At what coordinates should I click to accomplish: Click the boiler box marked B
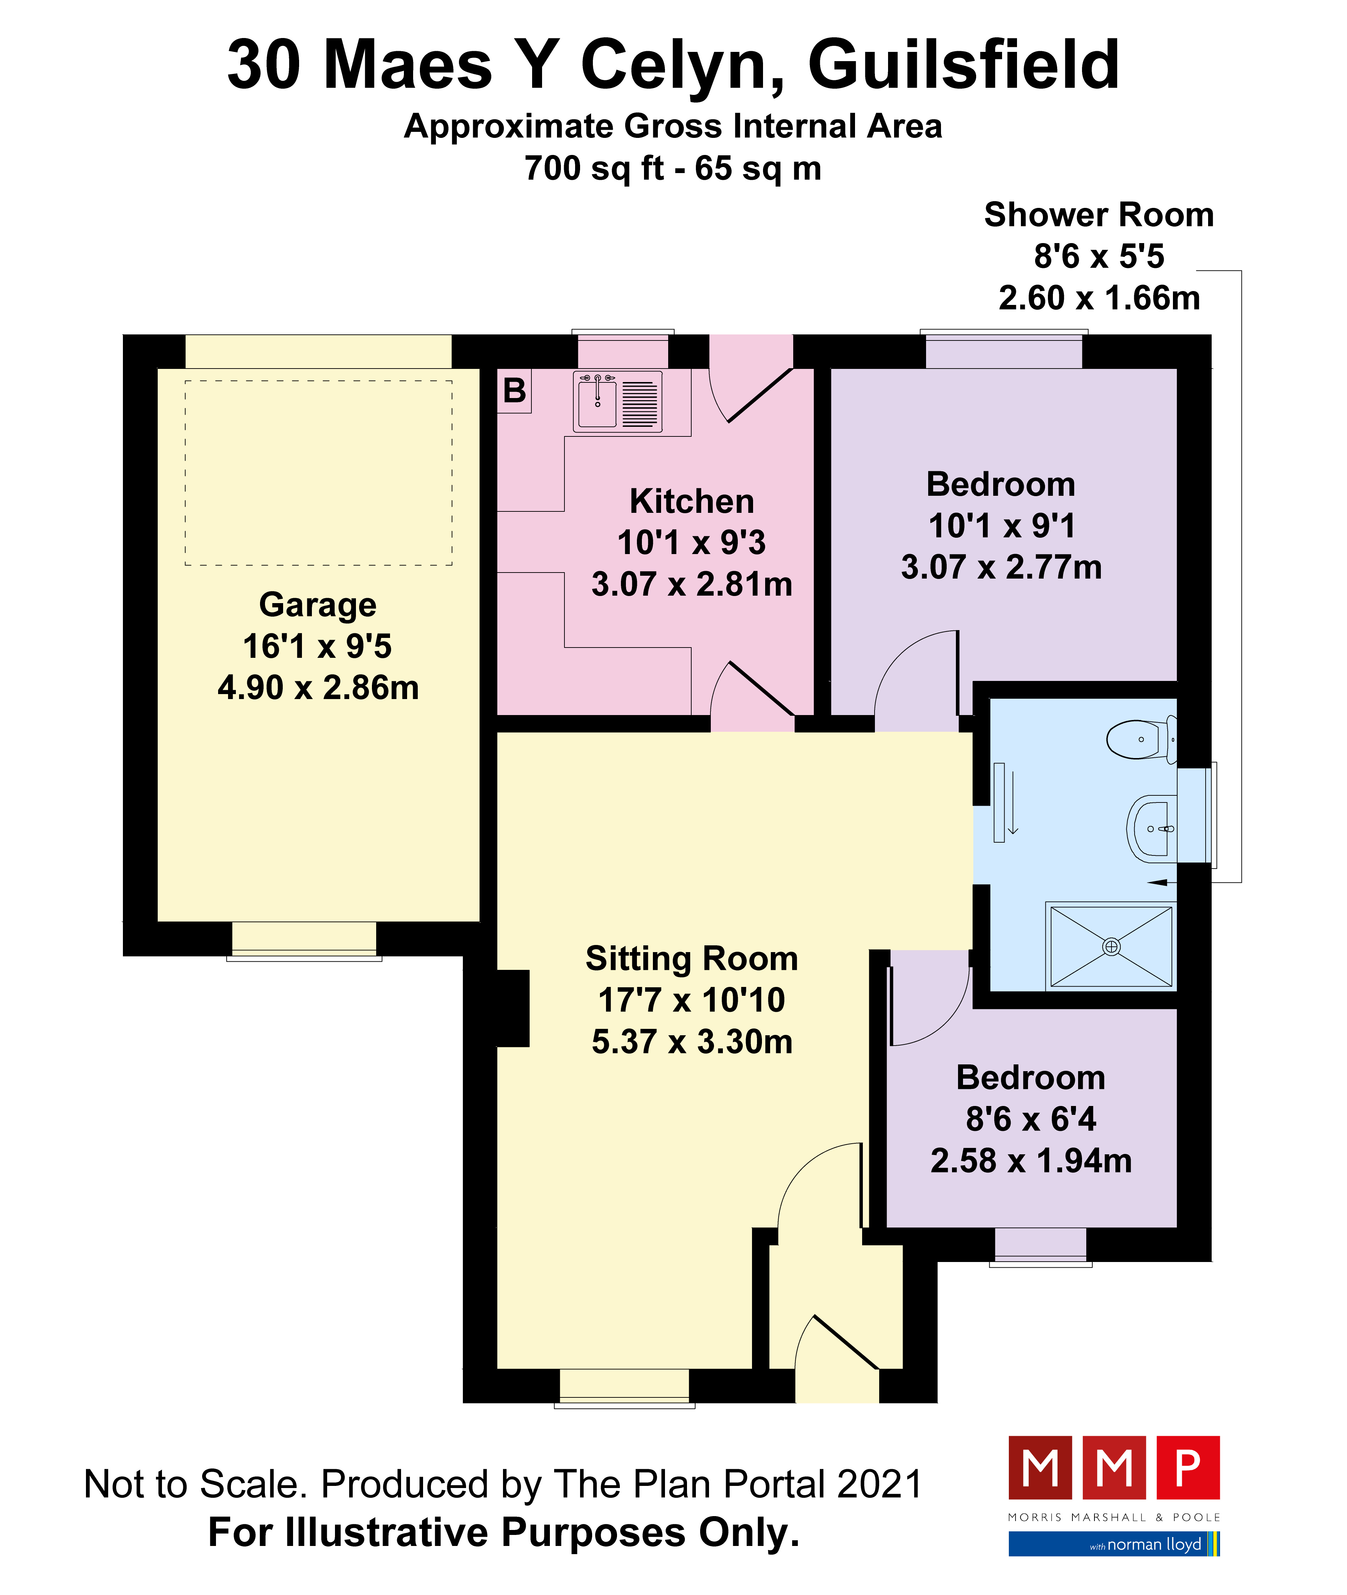pos(514,391)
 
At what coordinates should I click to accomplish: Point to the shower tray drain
pos(1111,946)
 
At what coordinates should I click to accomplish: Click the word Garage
pos(318,605)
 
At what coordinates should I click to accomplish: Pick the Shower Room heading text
pos(1099,215)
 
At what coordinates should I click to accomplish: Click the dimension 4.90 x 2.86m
pos(318,687)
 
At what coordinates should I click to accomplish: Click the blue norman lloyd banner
pos(1114,1544)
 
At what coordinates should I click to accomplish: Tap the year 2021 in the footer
pos(880,1484)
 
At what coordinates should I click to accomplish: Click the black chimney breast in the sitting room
pos(512,1008)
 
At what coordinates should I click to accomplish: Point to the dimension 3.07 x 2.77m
pos(1001,567)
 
